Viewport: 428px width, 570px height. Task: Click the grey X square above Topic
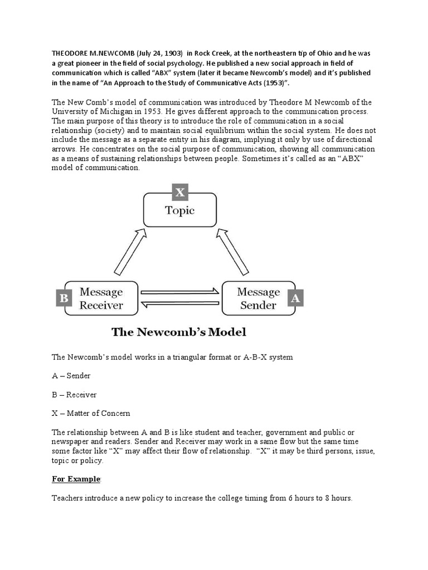click(180, 193)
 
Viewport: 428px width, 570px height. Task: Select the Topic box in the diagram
click(180, 210)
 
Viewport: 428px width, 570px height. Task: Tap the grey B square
click(64, 298)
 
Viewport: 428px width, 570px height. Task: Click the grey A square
click(295, 298)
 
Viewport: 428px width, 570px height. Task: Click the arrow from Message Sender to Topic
click(232, 250)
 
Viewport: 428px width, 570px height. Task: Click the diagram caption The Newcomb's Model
click(178, 332)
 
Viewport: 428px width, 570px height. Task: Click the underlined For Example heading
click(76, 479)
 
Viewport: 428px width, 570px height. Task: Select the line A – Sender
click(71, 376)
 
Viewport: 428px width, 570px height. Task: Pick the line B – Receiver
click(74, 395)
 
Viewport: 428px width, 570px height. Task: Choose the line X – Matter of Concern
click(91, 413)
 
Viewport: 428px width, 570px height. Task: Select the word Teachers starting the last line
click(68, 498)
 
